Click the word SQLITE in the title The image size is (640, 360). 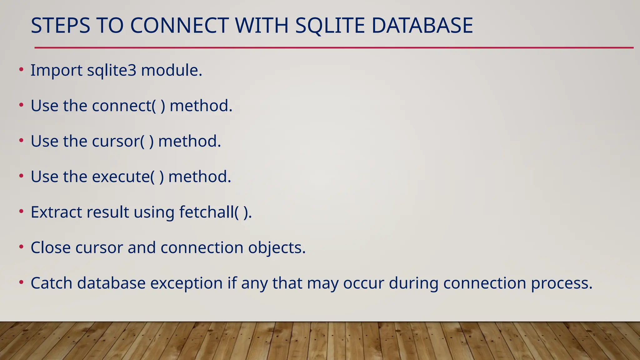330,26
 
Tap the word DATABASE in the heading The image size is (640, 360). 422,26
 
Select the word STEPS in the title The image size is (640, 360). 60,26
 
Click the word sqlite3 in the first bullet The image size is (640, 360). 112,70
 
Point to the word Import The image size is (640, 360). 56,70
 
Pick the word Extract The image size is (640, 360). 56,212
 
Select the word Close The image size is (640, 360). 51,247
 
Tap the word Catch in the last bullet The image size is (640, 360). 51,283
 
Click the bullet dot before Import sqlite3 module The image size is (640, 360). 21,69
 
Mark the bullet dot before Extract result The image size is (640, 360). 21,212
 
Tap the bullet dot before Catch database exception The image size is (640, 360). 21,282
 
